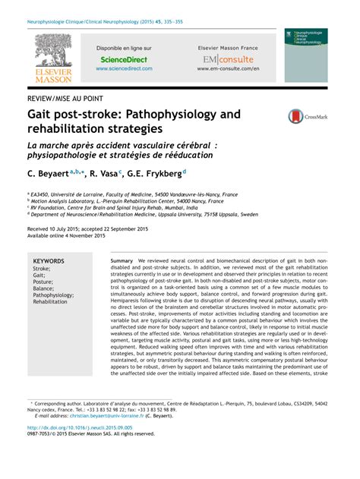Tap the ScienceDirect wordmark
click(x=124, y=59)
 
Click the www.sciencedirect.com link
click(x=124, y=68)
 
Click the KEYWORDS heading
click(x=49, y=260)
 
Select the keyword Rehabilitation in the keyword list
click(x=50, y=301)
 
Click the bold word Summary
click(x=122, y=260)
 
